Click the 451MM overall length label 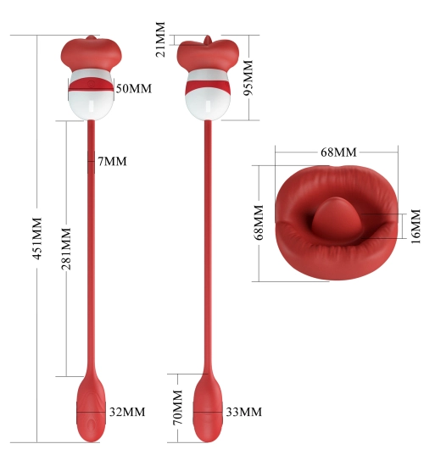[37, 238]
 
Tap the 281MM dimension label [66, 249]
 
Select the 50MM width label [134, 89]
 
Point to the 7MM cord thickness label [112, 161]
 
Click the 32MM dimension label [127, 412]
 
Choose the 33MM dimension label [244, 412]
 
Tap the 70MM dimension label [177, 408]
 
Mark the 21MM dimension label [160, 39]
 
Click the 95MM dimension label [248, 78]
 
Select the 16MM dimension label [416, 226]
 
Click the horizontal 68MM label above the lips [338, 153]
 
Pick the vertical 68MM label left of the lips [259, 222]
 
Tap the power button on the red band [92, 84]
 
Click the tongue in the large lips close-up [338, 219]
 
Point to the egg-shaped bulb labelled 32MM [91, 409]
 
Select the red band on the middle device [208, 86]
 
